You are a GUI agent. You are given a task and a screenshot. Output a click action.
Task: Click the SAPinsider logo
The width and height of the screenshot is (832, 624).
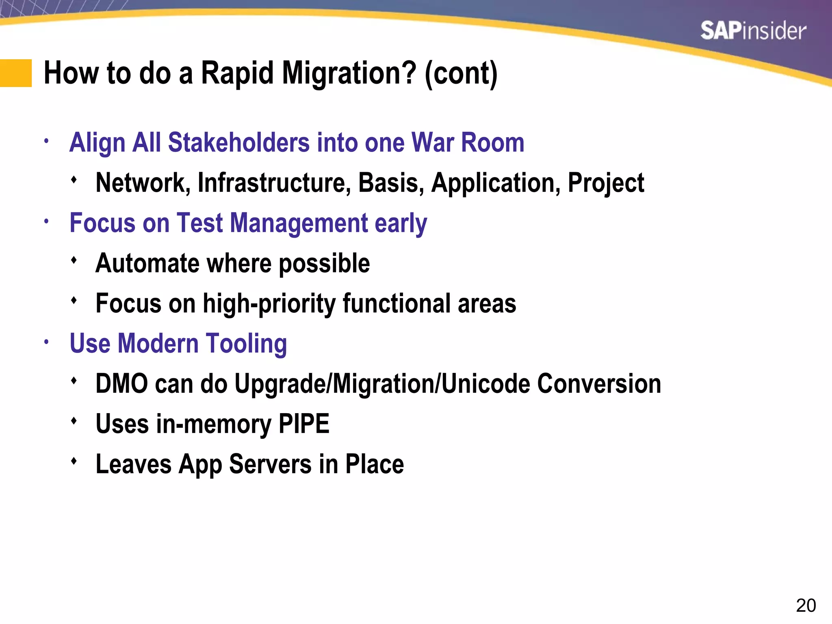[x=753, y=31]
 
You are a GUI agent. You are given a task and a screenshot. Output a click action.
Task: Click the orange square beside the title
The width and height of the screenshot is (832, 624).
[x=16, y=73]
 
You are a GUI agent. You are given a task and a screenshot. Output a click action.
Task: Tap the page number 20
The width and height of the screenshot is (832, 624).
[x=806, y=606]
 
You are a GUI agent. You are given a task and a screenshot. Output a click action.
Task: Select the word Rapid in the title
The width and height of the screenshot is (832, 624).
[x=237, y=73]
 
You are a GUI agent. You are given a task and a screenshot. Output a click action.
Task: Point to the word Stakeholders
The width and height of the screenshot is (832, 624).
[x=238, y=143]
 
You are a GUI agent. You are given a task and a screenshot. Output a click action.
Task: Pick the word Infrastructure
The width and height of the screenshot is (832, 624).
[x=274, y=182]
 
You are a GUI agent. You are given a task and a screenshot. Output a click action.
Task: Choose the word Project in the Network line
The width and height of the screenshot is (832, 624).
[x=606, y=182]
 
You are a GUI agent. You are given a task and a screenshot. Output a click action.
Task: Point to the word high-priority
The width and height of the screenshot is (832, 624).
[x=269, y=303]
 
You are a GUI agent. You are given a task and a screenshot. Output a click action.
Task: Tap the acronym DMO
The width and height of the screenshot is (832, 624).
[x=122, y=383]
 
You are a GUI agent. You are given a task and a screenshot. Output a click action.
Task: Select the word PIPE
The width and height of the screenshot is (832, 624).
[x=303, y=424]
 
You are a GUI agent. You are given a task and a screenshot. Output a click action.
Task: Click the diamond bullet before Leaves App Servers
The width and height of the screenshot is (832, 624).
[x=74, y=461]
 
